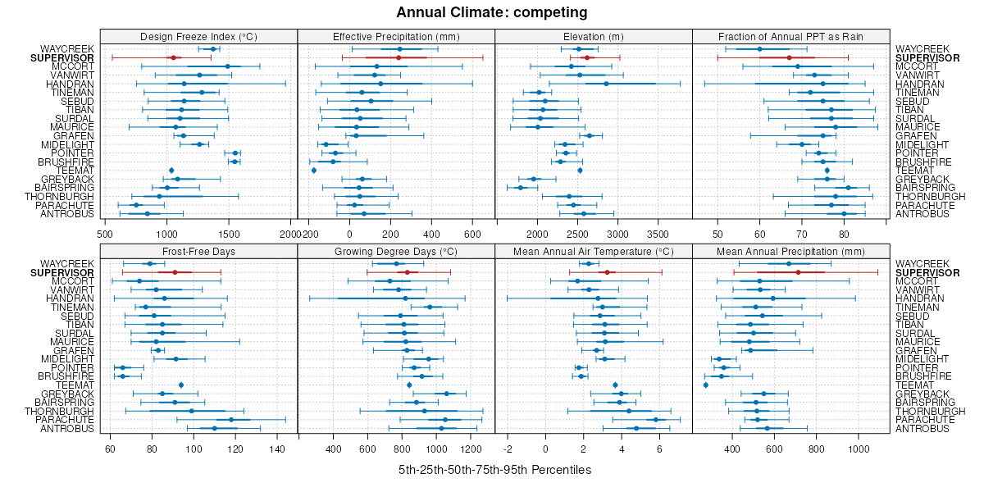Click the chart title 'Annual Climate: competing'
click(492, 12)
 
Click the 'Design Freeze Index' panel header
click(198, 36)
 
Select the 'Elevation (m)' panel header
click(594, 36)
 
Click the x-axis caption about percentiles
click(494, 470)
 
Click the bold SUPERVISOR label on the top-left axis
click(62, 58)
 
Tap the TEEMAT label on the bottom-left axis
click(75, 385)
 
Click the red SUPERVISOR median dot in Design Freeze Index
click(172, 57)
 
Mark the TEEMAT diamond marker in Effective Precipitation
click(314, 171)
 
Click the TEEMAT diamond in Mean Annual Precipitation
click(705, 385)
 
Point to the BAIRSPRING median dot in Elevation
click(520, 188)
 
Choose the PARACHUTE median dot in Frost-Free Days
click(231, 420)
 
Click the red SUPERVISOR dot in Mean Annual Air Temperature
click(607, 272)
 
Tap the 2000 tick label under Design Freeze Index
click(290, 234)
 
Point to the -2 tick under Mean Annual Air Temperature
click(508, 449)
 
